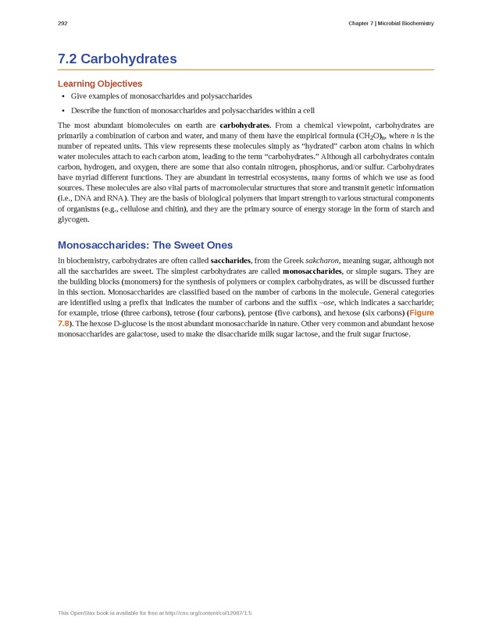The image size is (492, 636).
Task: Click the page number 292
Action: click(x=62, y=23)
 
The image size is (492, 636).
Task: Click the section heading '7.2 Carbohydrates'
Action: click(x=117, y=59)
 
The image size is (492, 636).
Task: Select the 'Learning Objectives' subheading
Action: click(x=100, y=83)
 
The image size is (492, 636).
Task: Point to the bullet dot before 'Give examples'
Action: click(x=62, y=96)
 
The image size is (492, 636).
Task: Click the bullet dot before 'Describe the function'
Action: click(x=62, y=110)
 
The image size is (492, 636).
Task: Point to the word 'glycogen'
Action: click(x=74, y=220)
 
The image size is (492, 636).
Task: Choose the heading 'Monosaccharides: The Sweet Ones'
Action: click(x=144, y=245)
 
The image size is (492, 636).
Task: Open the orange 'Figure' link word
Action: click(x=422, y=313)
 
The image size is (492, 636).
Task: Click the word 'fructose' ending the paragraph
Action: click(x=393, y=334)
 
